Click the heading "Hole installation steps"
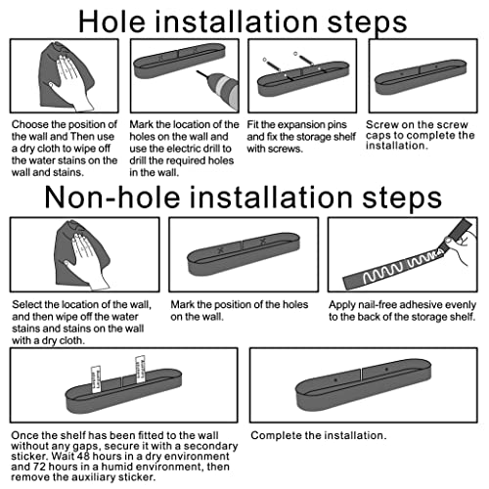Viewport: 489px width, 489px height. (x=243, y=22)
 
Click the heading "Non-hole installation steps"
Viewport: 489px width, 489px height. (x=244, y=198)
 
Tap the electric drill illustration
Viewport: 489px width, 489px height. (x=219, y=89)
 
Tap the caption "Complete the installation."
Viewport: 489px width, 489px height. (x=319, y=435)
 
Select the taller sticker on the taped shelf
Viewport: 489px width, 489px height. (x=140, y=370)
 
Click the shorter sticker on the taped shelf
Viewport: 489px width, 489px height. (x=96, y=379)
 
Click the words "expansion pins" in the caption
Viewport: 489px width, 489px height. (x=312, y=125)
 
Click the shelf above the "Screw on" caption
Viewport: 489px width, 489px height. (x=421, y=77)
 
